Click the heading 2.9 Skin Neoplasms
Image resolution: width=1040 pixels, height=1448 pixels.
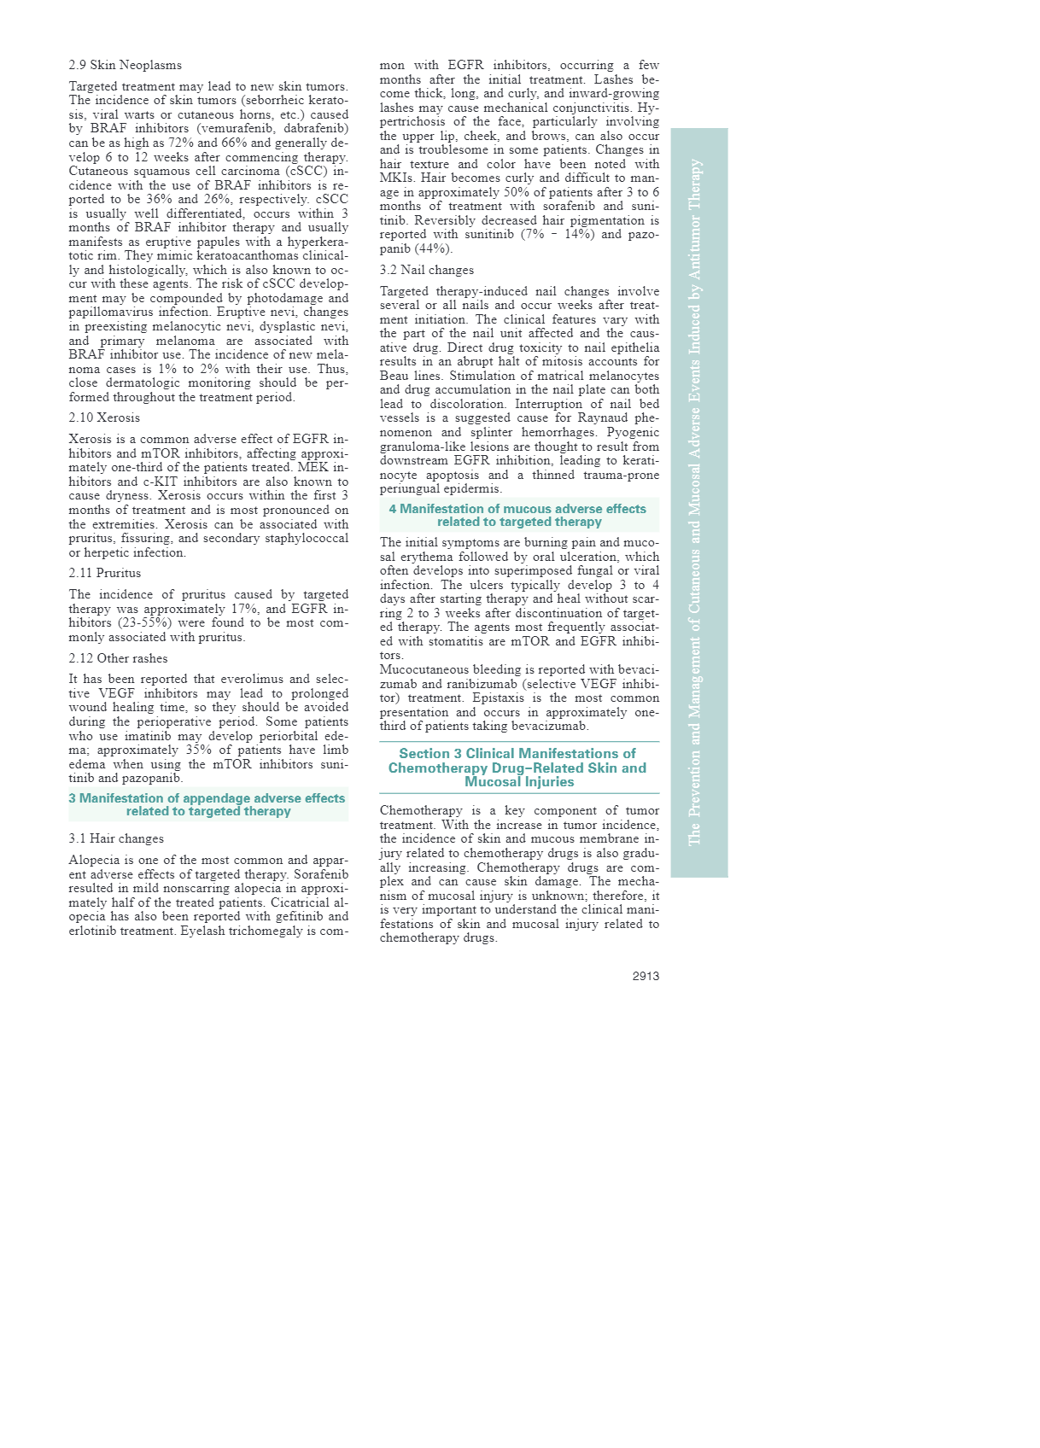(125, 65)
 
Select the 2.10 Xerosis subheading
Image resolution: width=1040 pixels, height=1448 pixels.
(104, 417)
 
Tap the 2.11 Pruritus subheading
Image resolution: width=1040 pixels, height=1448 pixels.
(105, 573)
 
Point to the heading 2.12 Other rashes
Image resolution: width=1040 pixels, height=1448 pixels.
(118, 658)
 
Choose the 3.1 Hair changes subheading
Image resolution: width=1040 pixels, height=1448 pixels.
(116, 838)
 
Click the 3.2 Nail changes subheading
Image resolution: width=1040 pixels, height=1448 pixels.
(426, 270)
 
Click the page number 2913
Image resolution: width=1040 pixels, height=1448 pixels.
(646, 976)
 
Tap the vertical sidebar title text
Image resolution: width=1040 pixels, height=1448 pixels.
(696, 502)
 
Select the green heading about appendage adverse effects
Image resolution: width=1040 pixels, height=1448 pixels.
(207, 804)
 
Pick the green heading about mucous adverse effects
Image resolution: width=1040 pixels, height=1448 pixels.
(518, 515)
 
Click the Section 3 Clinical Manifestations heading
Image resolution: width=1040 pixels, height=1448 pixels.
(518, 768)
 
